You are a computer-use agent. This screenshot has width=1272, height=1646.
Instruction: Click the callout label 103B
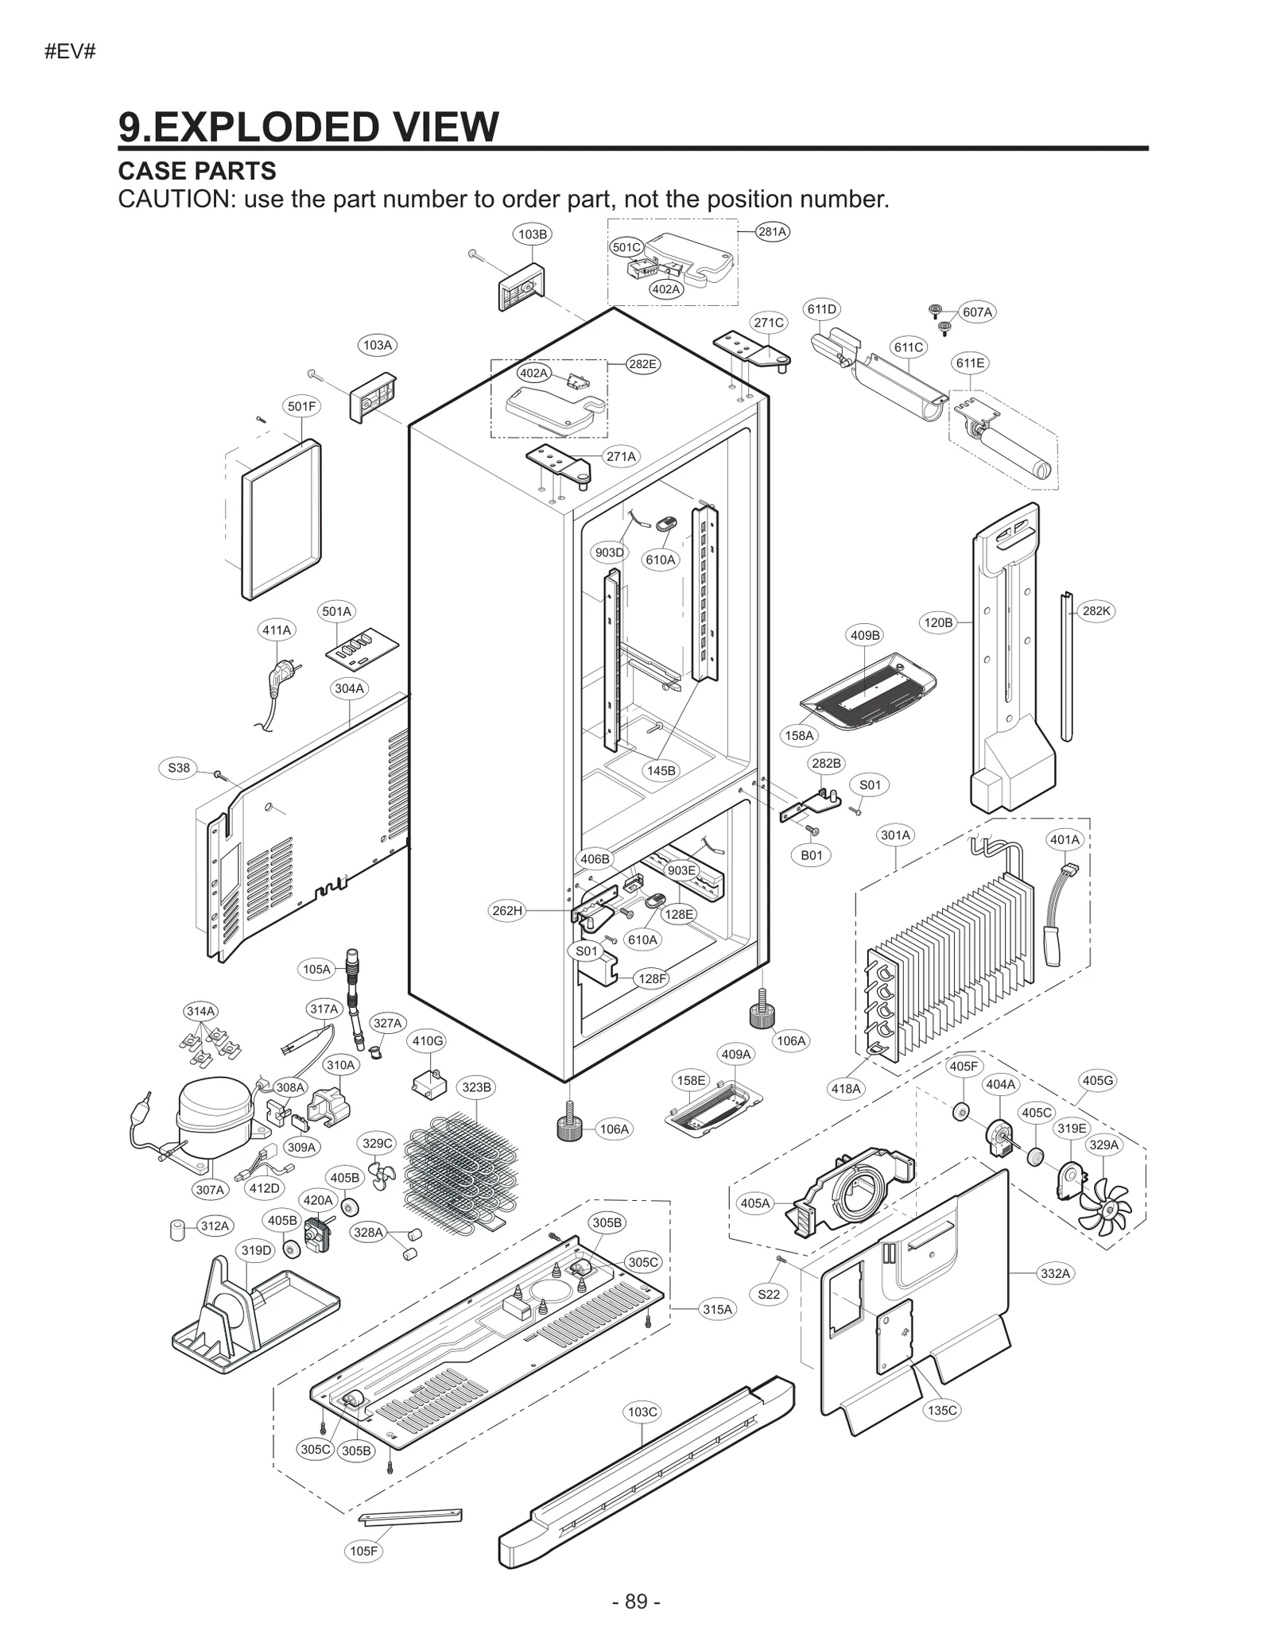tap(532, 234)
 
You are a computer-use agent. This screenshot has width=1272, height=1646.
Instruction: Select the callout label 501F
tap(301, 406)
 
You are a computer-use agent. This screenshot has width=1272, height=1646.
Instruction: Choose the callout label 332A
tap(1056, 1273)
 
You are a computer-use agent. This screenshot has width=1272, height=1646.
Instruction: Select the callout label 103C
tap(642, 1412)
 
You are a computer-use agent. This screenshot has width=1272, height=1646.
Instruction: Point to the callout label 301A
tap(895, 835)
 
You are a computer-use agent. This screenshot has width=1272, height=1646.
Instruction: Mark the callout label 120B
tap(937, 622)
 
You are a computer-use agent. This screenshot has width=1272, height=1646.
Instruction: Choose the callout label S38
tap(179, 767)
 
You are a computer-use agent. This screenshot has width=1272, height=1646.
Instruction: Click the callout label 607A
tap(977, 312)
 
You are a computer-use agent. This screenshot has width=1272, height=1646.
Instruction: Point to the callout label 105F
tap(364, 1551)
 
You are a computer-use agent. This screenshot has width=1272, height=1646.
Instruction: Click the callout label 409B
tap(865, 635)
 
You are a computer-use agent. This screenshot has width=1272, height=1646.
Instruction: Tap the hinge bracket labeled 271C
tap(751, 350)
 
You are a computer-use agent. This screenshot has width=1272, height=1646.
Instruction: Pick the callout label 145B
tap(661, 770)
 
